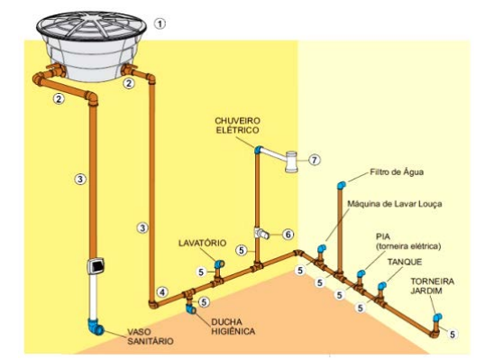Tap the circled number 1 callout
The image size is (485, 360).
point(160,23)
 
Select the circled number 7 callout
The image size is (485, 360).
point(315,160)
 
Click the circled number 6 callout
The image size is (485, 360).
point(288,235)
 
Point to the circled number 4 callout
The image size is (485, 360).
point(162,292)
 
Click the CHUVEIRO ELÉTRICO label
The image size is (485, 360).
point(238,125)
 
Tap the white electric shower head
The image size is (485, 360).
point(291,161)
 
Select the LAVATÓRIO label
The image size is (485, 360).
point(202,243)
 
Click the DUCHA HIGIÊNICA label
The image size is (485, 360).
point(233,327)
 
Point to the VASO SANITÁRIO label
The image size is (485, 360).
point(151,337)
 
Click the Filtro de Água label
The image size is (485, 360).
point(397,171)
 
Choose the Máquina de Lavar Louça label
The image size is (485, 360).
point(395,204)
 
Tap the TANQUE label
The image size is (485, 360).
point(405,262)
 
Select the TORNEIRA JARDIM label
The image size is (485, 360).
point(433,286)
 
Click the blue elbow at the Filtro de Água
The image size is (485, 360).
point(342,185)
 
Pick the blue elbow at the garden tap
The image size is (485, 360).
point(437,318)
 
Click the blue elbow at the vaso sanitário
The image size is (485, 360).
point(96,327)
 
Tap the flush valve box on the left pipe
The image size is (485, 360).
point(96,266)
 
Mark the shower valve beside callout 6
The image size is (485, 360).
point(261,234)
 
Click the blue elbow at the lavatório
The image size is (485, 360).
point(220,264)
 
